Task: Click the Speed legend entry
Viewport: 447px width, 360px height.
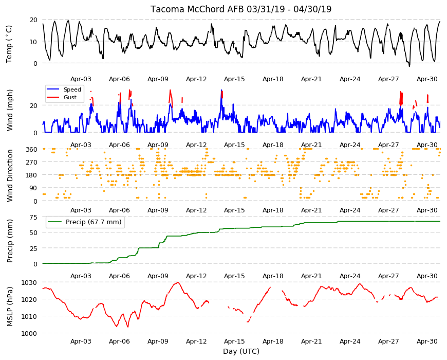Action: (72, 89)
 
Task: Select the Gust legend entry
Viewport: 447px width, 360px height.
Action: (70, 97)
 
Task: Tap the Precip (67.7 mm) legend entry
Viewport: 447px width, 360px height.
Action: (94, 222)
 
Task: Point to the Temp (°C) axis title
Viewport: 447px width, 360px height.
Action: (9, 44)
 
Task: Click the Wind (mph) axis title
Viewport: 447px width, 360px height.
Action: (10, 111)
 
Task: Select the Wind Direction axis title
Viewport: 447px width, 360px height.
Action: (10, 175)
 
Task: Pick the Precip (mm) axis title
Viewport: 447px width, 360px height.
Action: (10, 241)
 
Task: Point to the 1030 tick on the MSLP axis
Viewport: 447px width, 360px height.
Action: (29, 283)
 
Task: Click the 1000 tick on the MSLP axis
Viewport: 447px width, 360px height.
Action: (29, 333)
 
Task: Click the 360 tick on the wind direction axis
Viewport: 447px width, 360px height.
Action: (31, 150)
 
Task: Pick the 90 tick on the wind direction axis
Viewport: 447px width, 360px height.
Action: (33, 188)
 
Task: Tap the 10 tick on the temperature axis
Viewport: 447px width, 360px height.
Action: (33, 42)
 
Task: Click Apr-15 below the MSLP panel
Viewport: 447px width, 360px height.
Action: (234, 341)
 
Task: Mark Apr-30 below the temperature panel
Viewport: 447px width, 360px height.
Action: (427, 79)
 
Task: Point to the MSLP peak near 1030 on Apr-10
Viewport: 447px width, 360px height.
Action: (178, 283)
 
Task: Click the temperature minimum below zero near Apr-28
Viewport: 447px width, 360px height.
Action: (409, 66)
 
